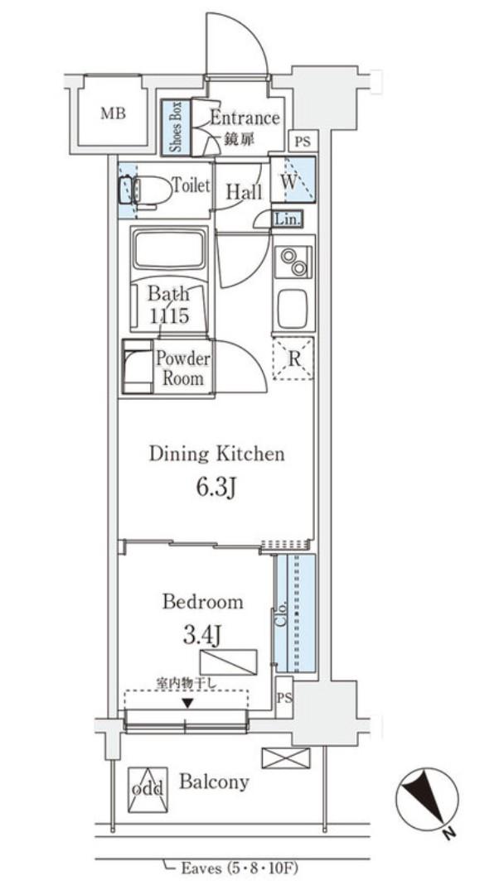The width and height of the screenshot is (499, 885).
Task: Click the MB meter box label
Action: click(x=113, y=114)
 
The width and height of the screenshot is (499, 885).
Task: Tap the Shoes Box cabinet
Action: click(x=175, y=127)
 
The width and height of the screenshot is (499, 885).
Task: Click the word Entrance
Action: click(x=245, y=118)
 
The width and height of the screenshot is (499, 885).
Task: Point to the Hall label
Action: click(x=245, y=192)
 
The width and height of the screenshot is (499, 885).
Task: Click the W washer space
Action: click(x=292, y=180)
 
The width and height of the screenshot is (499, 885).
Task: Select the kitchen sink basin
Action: click(x=292, y=309)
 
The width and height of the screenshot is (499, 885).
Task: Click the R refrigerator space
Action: click(x=293, y=359)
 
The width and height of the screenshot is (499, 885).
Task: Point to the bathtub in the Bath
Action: click(x=167, y=249)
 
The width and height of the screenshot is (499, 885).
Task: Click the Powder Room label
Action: click(x=182, y=368)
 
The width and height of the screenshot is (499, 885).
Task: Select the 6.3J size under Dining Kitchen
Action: click(x=216, y=488)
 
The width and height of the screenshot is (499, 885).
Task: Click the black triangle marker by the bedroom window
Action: click(x=187, y=703)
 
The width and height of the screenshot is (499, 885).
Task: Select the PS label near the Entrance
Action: click(x=303, y=142)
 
